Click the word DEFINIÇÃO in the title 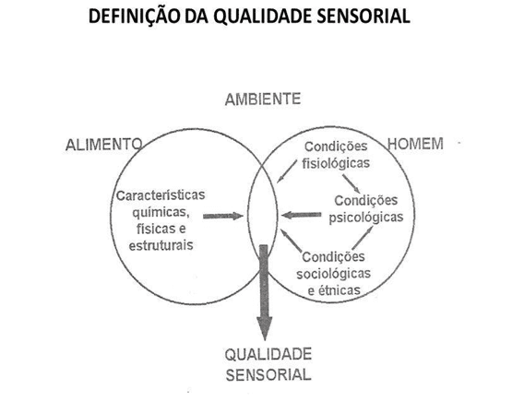tap(134, 16)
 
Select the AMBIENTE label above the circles tap(263, 99)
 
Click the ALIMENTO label tap(104, 145)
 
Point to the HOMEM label tap(415, 144)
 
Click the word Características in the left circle tap(161, 195)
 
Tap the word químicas tap(161, 213)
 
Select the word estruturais tap(161, 245)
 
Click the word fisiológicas tap(336, 163)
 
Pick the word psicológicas tap(366, 218)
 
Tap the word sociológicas tap(334, 274)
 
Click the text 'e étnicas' tap(334, 290)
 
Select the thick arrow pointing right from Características tap(223, 216)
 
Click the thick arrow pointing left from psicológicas tap(301, 215)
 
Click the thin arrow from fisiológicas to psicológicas tap(351, 183)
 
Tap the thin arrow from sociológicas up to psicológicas tap(363, 238)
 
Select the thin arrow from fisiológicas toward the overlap tap(287, 171)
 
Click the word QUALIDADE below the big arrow tap(268, 355)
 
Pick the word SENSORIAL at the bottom tap(268, 375)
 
